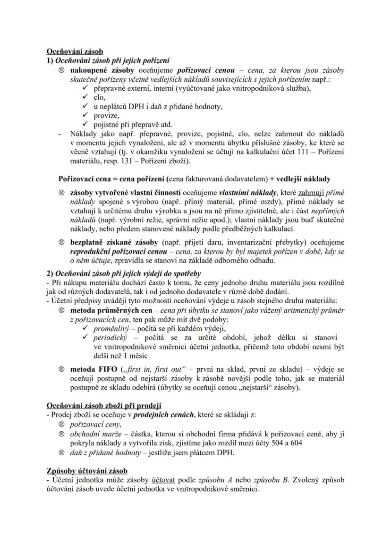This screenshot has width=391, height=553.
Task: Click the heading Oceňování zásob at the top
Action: tap(75, 51)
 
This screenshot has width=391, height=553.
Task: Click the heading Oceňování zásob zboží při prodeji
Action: tap(104, 406)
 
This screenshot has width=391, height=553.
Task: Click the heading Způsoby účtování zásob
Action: tap(86, 471)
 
